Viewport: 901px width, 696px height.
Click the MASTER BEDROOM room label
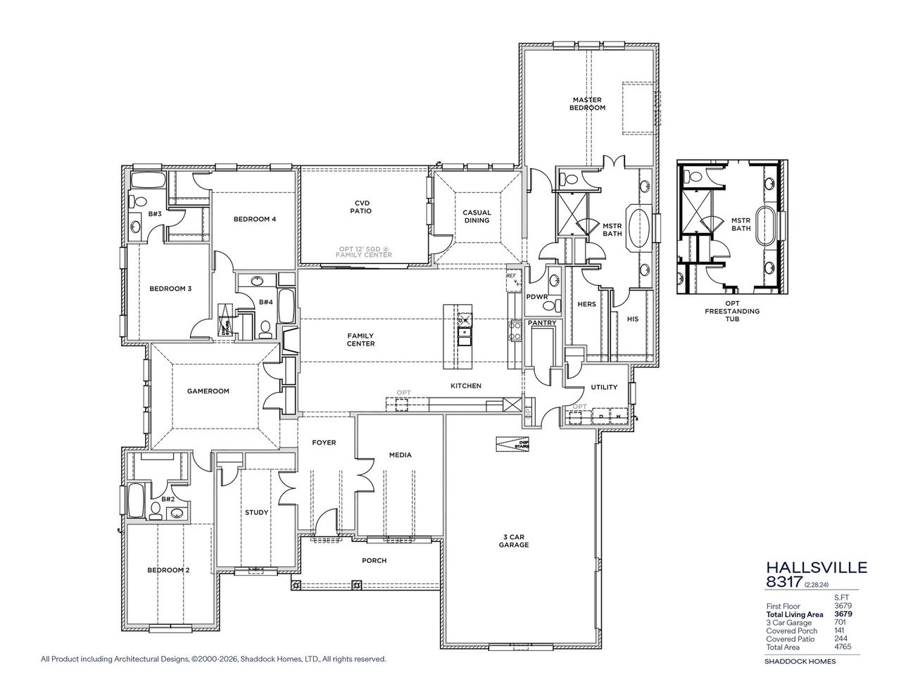coord(587,104)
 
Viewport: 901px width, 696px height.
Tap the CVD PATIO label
coord(362,207)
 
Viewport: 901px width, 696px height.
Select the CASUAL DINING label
coord(477,216)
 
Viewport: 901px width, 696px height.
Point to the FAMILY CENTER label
coord(360,340)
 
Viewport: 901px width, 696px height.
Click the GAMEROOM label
coord(208,391)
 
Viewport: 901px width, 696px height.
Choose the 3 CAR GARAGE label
coord(514,540)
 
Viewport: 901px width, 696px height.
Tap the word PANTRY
coord(541,323)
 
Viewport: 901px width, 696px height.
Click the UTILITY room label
coord(604,387)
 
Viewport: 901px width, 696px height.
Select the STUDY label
coord(256,512)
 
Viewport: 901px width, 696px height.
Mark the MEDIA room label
coord(400,455)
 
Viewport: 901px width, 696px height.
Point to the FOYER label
coord(324,443)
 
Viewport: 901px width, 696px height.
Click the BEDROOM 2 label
coord(168,570)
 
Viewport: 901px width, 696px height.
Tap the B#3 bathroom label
coord(155,213)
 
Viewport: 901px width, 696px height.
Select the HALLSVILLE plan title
coord(806,567)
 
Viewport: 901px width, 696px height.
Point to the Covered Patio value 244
coord(844,638)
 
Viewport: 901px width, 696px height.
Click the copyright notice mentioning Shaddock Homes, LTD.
coord(213,659)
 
